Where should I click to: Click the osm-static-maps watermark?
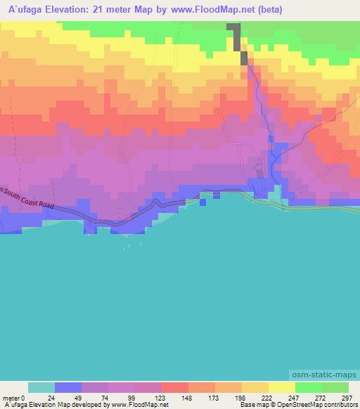[x=324, y=375]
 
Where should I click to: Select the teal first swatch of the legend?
[x=41, y=387]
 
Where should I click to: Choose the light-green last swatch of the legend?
[x=335, y=387]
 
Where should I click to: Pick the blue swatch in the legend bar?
[x=68, y=387]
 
